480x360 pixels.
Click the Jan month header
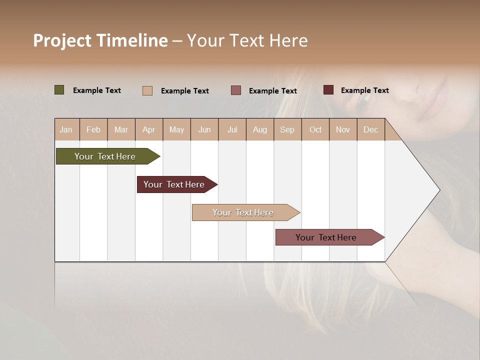[66, 129]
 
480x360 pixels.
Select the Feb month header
[93, 129]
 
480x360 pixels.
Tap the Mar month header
[121, 129]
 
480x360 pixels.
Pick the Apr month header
[149, 129]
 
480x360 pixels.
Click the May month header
[176, 129]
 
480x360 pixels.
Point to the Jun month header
[204, 129]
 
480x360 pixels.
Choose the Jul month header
[232, 129]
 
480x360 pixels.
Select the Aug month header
[260, 129]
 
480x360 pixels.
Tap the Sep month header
[287, 129]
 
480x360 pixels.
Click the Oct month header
[315, 129]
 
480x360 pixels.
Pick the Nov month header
[343, 129]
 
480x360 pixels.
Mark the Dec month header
[371, 129]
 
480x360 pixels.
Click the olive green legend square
[59, 90]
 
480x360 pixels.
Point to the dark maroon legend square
[328, 90]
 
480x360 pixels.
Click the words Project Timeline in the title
[100, 40]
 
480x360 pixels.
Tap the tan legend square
[147, 90]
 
